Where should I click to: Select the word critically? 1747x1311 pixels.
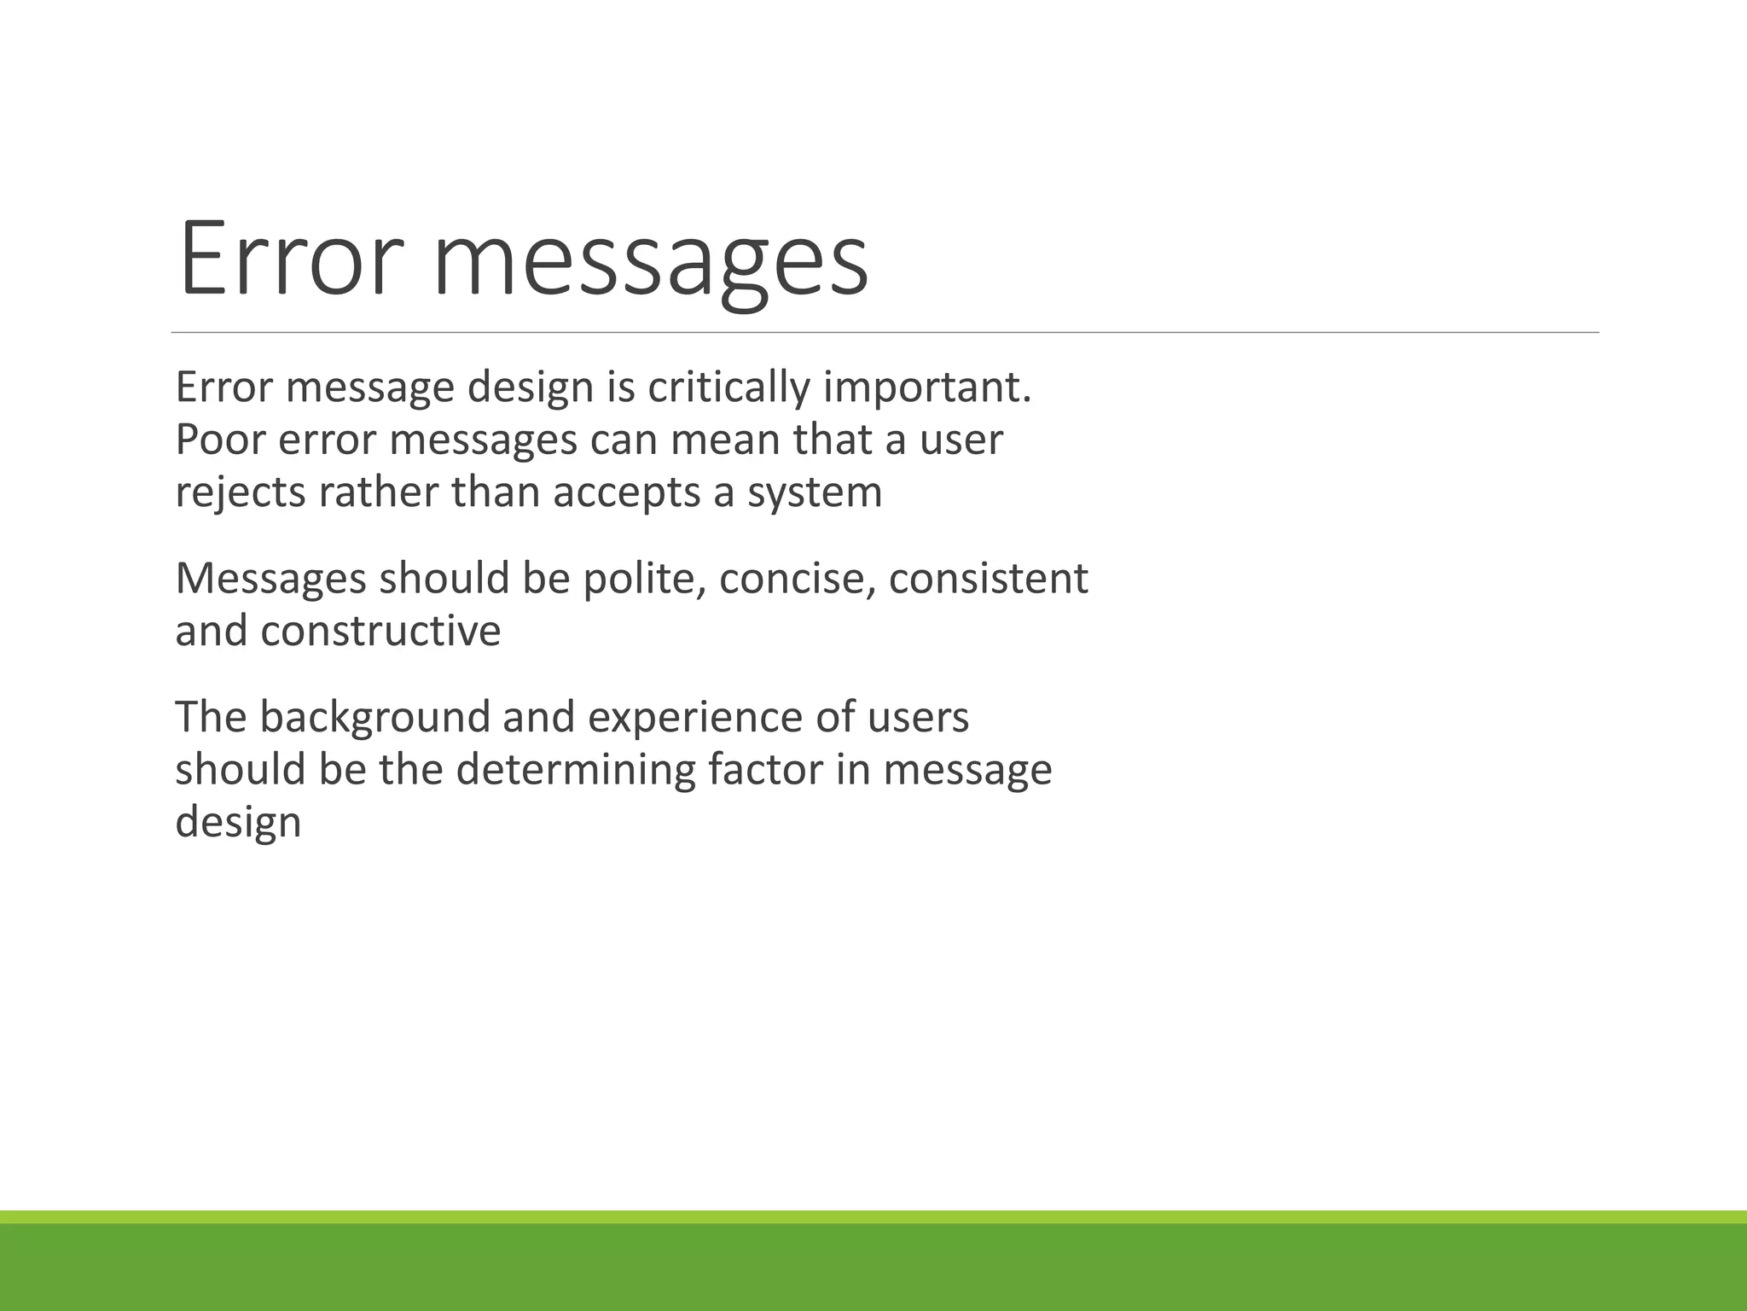[727, 387]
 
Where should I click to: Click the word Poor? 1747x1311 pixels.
[216, 440]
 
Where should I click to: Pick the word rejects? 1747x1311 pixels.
[241, 493]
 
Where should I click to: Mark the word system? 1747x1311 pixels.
[815, 493]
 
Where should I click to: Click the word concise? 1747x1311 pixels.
[798, 579]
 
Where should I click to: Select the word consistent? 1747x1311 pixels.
[989, 579]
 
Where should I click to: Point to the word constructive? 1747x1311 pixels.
[380, 632]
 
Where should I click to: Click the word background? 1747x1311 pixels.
[374, 717]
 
